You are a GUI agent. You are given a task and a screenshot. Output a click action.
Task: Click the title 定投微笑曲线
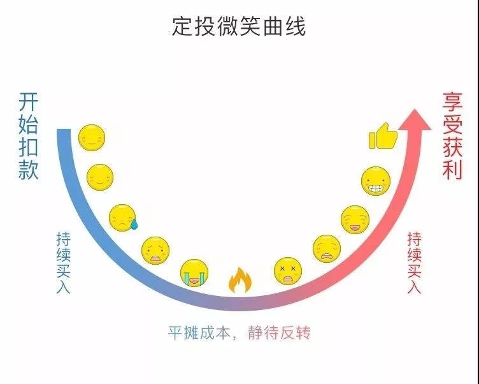pos(239,26)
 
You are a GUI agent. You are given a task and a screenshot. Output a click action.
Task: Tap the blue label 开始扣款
pos(28,136)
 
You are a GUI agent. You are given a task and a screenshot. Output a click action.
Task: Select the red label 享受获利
pos(452,135)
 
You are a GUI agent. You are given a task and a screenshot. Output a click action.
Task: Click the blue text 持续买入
pos(63,263)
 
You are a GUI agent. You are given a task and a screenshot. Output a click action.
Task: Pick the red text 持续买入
pos(414,263)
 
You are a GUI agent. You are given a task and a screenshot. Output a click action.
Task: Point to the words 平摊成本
pos(199,332)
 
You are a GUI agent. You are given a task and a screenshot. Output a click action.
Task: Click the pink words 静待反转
pos(279,332)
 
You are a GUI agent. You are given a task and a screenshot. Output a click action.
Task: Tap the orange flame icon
pos(240,280)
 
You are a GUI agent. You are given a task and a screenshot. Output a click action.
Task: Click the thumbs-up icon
pos(383,136)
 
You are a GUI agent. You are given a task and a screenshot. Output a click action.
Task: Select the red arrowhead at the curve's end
pos(415,120)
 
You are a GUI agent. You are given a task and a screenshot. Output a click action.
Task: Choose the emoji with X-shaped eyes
pos(288,271)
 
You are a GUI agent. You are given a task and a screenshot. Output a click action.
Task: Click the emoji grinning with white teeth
pos(376,181)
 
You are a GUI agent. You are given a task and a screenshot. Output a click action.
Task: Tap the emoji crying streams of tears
pos(194,273)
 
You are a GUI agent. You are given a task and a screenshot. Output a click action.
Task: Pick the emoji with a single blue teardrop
pos(123,218)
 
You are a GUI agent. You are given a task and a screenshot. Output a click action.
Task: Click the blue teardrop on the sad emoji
pos(134,225)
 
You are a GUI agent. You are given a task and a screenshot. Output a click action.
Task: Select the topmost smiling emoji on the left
pos(92,138)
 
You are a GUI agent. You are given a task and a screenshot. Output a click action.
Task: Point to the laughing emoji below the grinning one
pos(355,219)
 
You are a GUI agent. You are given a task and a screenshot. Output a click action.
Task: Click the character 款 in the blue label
pos(28,170)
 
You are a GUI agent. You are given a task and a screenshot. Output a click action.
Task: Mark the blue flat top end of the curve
pos(64,129)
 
